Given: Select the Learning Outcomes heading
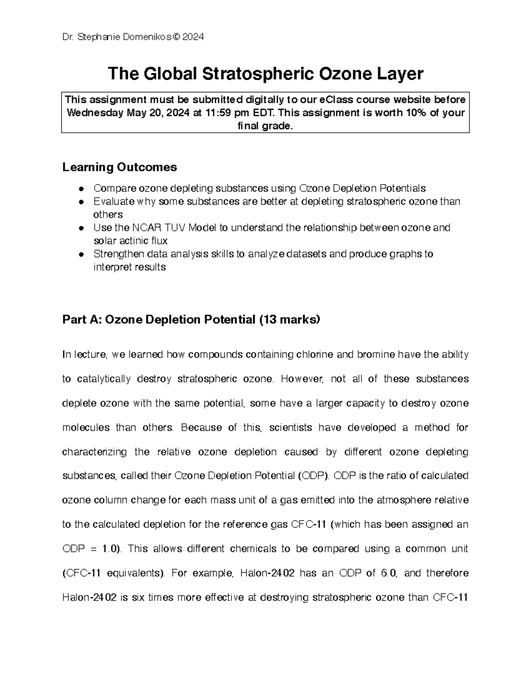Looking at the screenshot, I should [x=119, y=167].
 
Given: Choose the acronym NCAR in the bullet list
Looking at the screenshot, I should [x=146, y=228].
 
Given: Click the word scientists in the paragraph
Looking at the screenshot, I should [x=290, y=428].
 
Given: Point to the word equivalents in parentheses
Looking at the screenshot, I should [x=133, y=573].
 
